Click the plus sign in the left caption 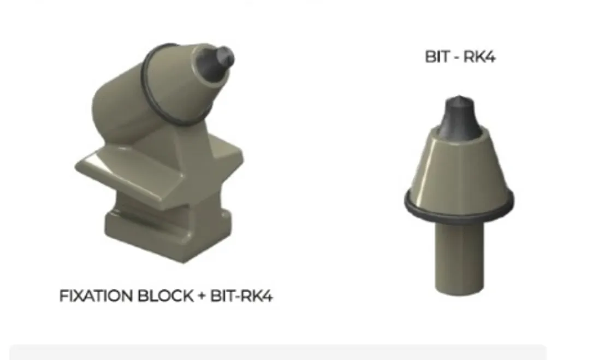(x=201, y=297)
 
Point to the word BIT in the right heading (x=437, y=57)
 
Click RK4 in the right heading (x=481, y=57)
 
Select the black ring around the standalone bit (x=459, y=214)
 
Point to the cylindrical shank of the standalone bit (x=459, y=257)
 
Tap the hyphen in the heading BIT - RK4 (x=456, y=57)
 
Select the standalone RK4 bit (x=459, y=191)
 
